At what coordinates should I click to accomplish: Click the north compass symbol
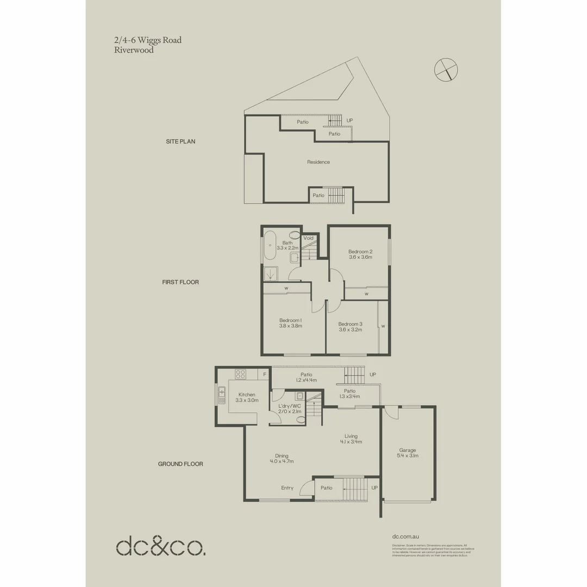446,69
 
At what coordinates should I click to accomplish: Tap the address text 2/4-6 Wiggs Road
148,40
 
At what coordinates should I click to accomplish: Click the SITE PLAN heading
180,141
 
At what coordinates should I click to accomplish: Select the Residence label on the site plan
318,162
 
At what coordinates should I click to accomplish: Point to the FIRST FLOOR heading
180,283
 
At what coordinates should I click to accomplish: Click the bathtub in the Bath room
270,248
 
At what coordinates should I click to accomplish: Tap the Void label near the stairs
309,238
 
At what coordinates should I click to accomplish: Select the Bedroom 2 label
360,252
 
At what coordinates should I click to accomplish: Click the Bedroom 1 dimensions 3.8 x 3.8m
291,326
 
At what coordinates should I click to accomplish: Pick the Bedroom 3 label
351,324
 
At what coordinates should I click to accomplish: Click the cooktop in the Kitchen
240,374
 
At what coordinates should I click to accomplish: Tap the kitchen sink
222,395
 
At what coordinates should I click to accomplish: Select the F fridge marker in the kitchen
265,374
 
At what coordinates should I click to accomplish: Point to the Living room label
351,435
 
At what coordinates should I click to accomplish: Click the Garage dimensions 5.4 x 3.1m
408,455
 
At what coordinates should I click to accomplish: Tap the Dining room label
282,455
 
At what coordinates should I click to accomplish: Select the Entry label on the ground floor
287,488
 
